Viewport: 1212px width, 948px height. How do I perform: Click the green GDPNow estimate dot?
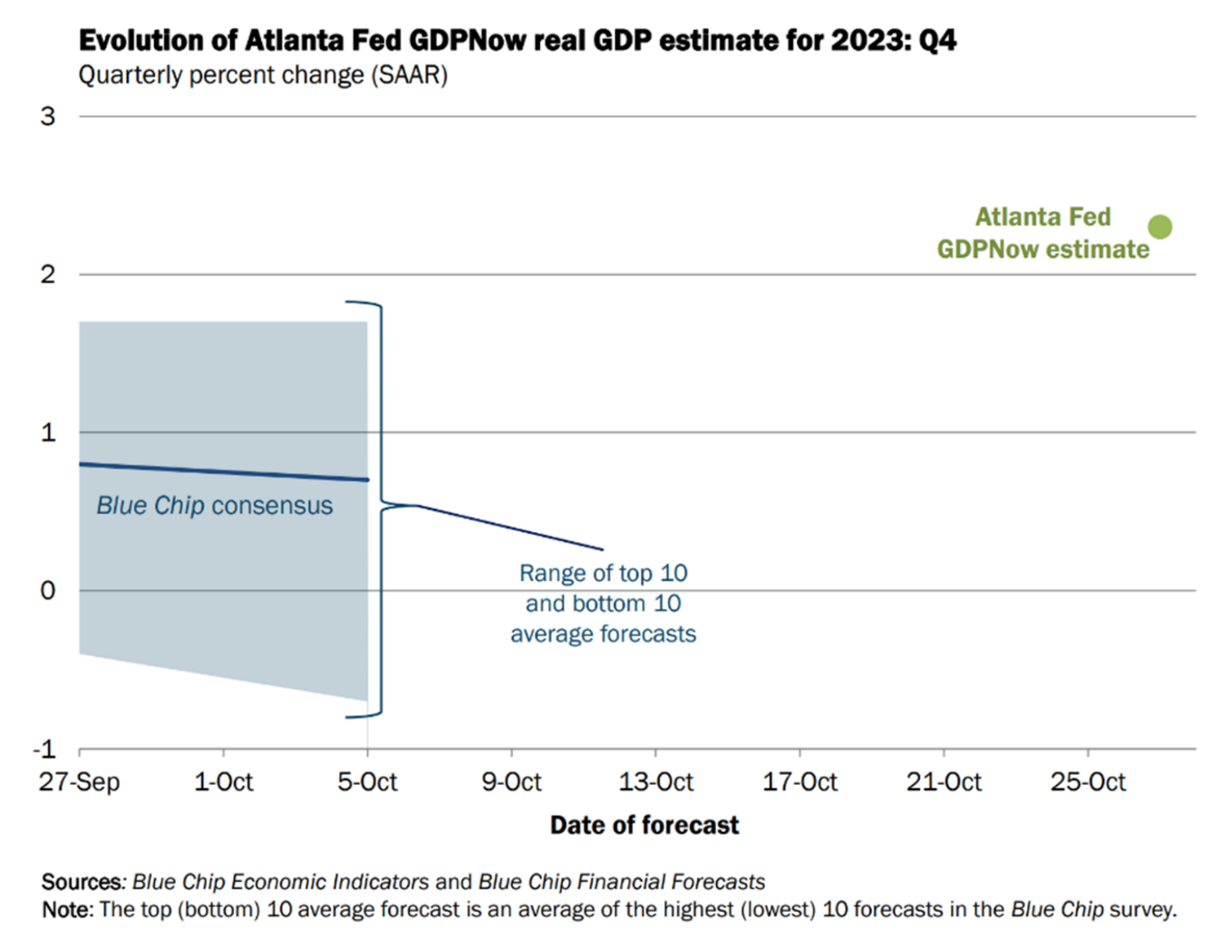pyautogui.click(x=1159, y=227)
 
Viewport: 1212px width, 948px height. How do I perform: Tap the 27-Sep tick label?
pyautogui.click(x=79, y=781)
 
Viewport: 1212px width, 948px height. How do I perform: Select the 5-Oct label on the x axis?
pyautogui.click(x=367, y=781)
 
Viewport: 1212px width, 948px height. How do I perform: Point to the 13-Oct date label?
pyautogui.click(x=655, y=781)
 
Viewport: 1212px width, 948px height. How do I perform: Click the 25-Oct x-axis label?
pyautogui.click(x=1088, y=781)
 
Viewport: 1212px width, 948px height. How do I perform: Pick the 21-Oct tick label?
pyautogui.click(x=944, y=781)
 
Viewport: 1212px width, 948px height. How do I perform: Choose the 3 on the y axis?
pyautogui.click(x=47, y=116)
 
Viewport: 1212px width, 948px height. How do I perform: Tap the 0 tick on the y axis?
pyautogui.click(x=47, y=591)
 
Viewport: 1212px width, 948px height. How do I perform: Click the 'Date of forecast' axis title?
pyautogui.click(x=645, y=825)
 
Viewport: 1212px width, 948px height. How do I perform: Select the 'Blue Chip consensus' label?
pyautogui.click(x=215, y=506)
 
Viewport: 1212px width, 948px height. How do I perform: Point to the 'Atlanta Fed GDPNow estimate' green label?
pyautogui.click(x=1042, y=233)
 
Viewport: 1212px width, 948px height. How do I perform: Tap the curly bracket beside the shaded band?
pyautogui.click(x=379, y=508)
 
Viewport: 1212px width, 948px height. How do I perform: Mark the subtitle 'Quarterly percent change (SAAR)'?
pyautogui.click(x=263, y=75)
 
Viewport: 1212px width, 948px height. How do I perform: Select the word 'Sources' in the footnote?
pyautogui.click(x=81, y=882)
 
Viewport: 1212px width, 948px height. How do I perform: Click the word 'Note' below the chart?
pyautogui.click(x=66, y=909)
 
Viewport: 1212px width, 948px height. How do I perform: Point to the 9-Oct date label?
pyautogui.click(x=511, y=781)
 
